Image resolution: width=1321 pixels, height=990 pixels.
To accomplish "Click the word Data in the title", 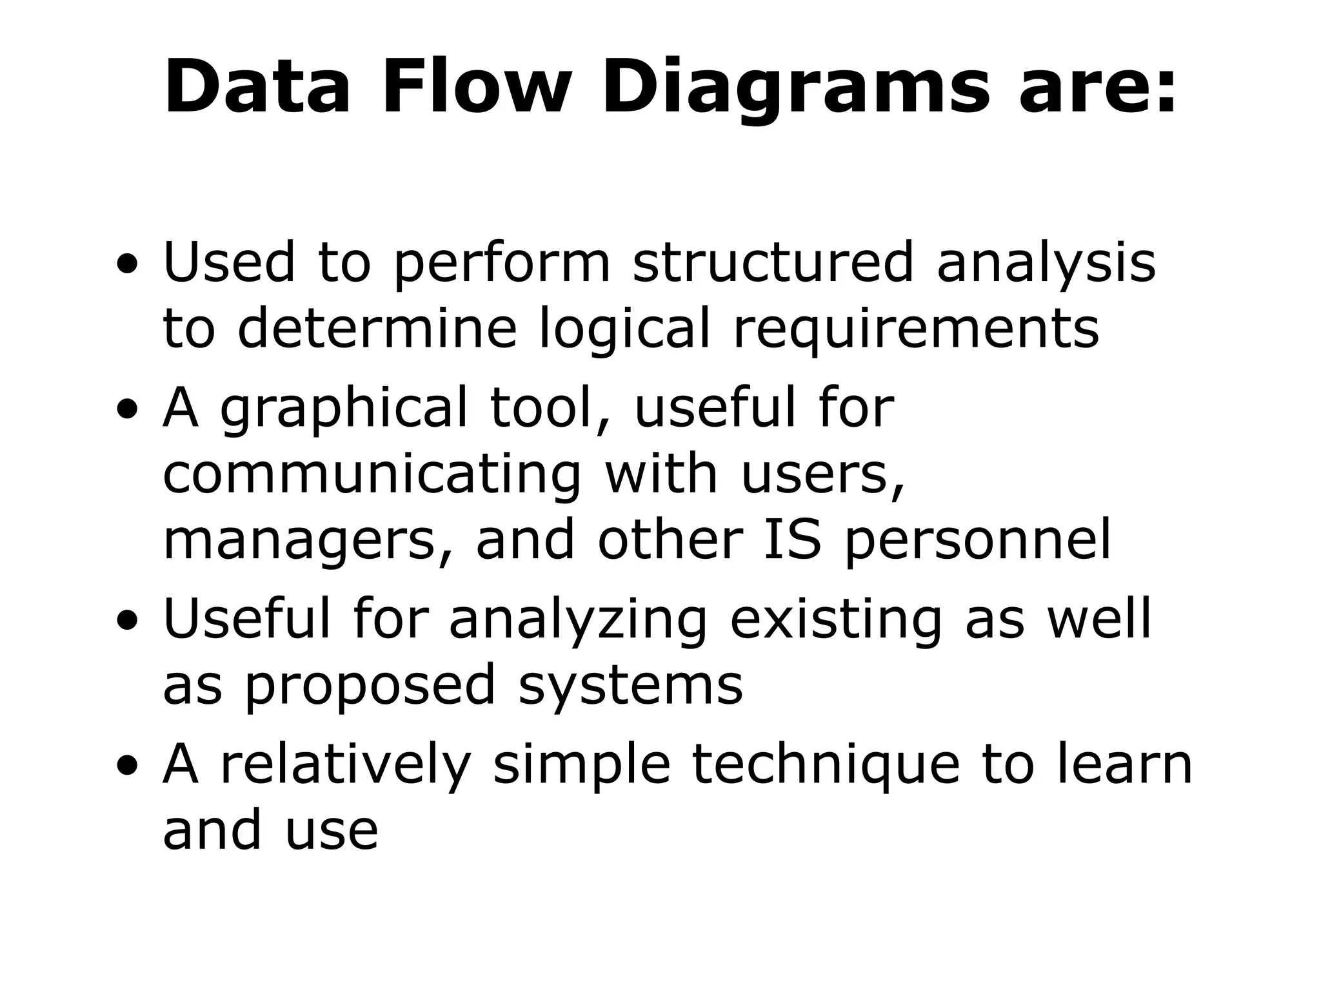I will [258, 87].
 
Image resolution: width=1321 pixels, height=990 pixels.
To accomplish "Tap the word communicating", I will [372, 476].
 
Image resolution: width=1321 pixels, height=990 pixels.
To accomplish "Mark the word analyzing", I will [578, 620].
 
